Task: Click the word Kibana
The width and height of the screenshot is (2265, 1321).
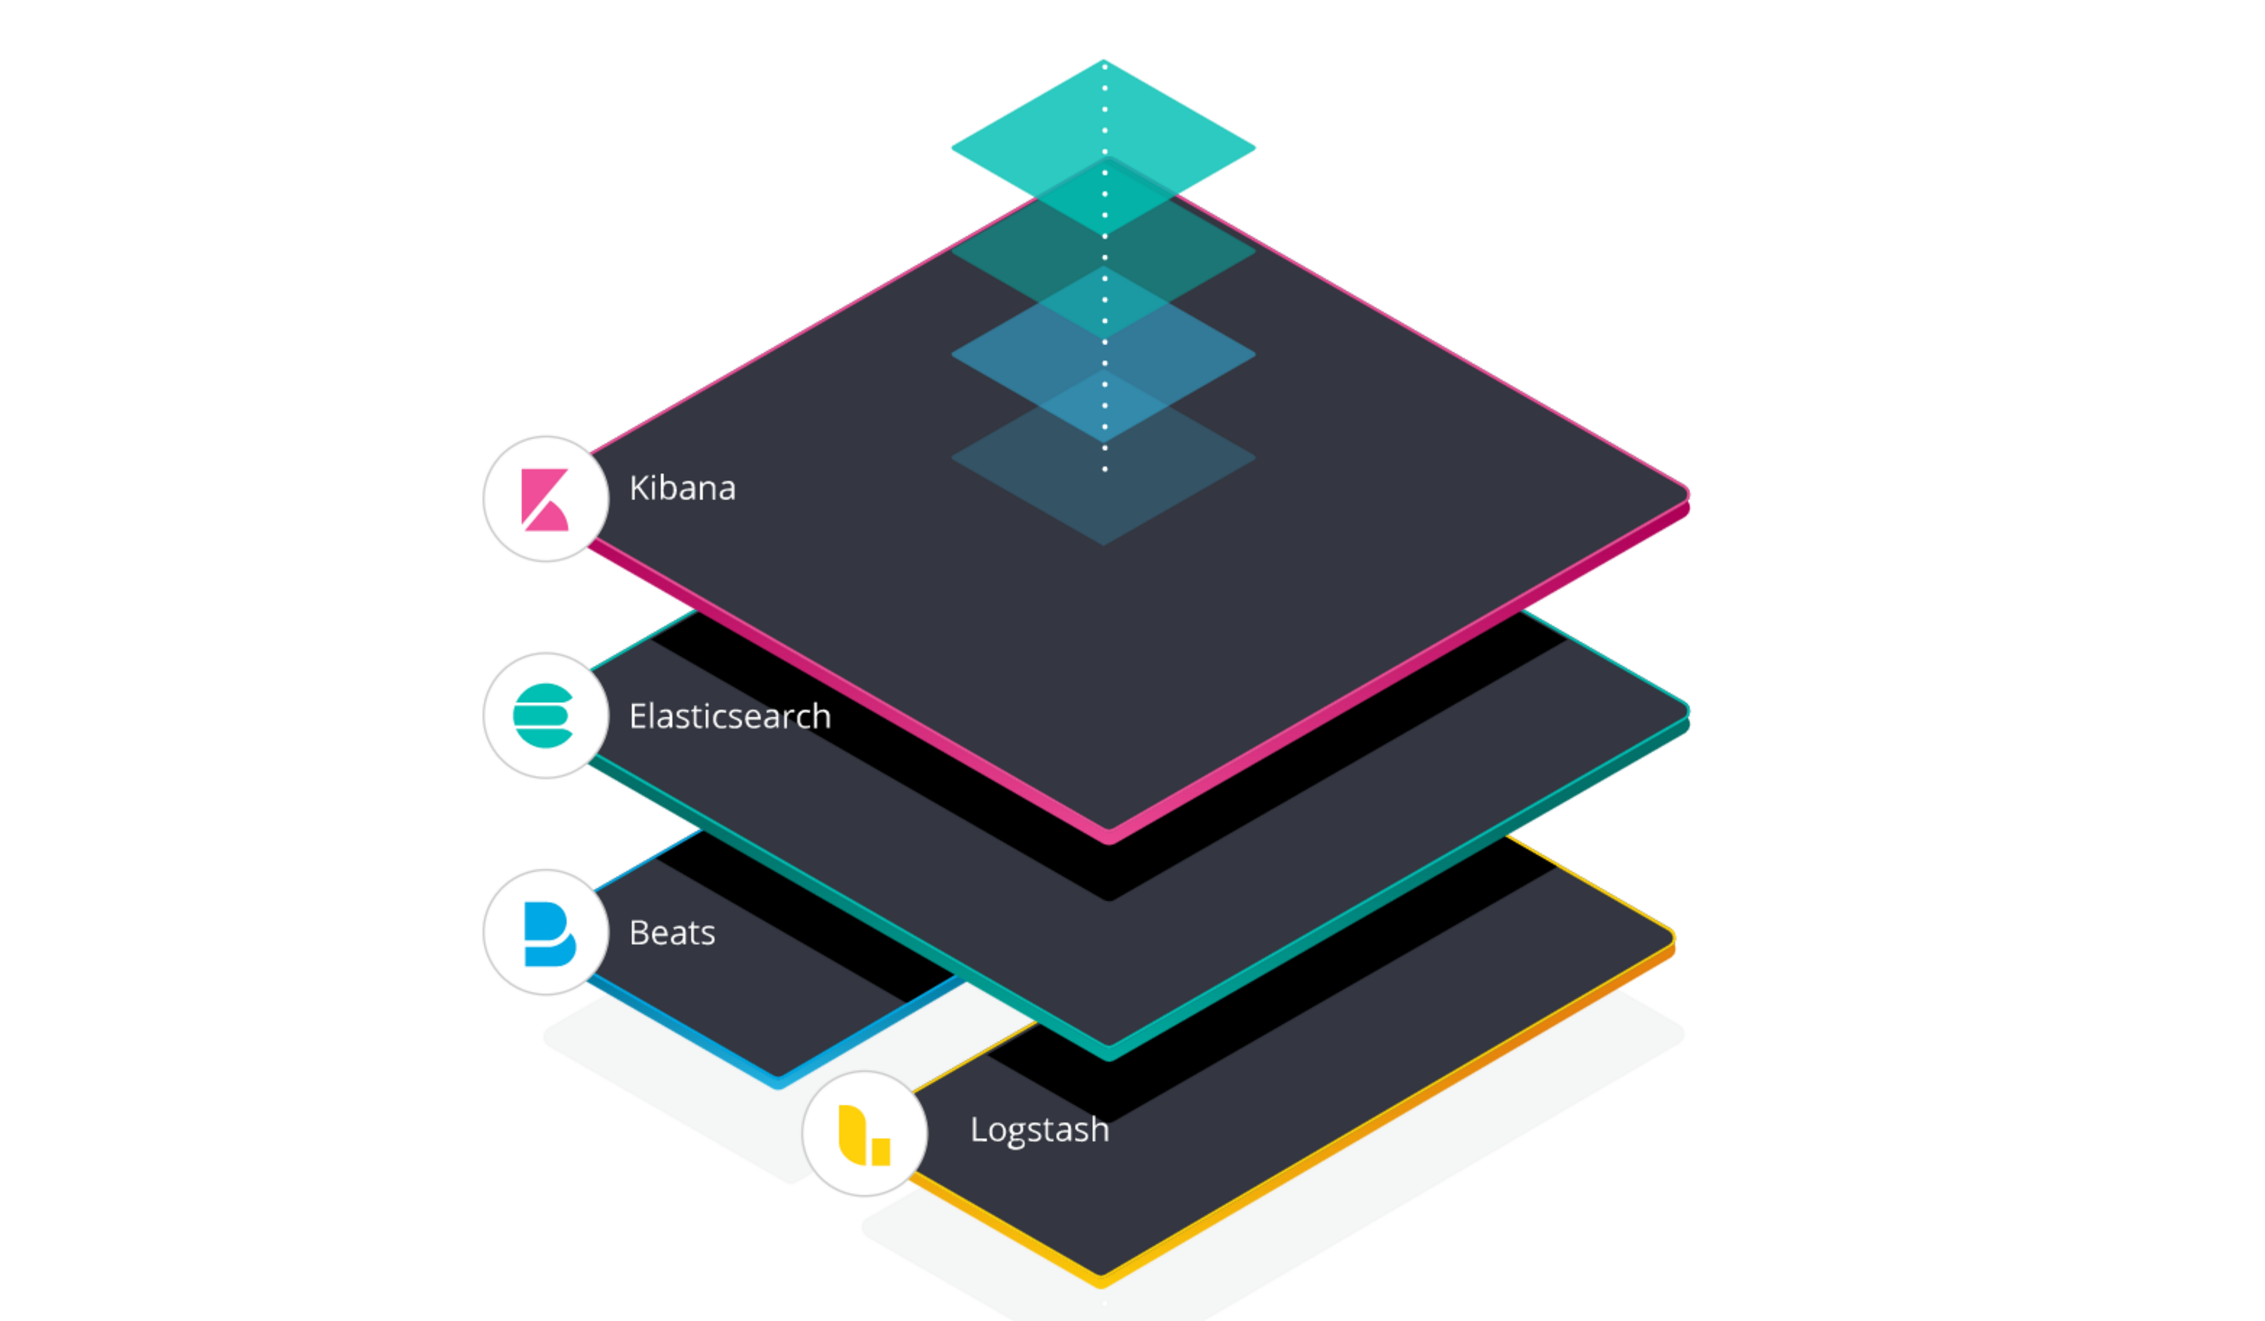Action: coord(682,488)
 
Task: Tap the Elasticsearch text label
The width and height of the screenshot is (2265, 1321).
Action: coord(730,716)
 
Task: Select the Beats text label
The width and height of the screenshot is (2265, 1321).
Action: coord(672,933)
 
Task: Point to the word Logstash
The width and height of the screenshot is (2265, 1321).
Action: coord(1040,1130)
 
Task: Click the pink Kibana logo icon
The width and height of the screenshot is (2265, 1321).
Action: coord(545,499)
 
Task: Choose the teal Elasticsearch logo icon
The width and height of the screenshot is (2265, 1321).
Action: coord(543,716)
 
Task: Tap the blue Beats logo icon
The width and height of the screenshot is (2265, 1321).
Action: coord(549,934)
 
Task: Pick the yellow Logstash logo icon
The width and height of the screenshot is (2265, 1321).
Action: coord(864,1135)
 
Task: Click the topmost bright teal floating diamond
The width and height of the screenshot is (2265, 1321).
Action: coord(1104,147)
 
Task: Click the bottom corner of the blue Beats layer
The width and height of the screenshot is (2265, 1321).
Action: coord(778,1088)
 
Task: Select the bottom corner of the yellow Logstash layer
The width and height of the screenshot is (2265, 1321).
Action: coord(1102,1286)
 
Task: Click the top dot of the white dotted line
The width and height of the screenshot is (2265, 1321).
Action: coord(1105,67)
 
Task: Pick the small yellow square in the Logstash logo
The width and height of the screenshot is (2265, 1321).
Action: coord(881,1152)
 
